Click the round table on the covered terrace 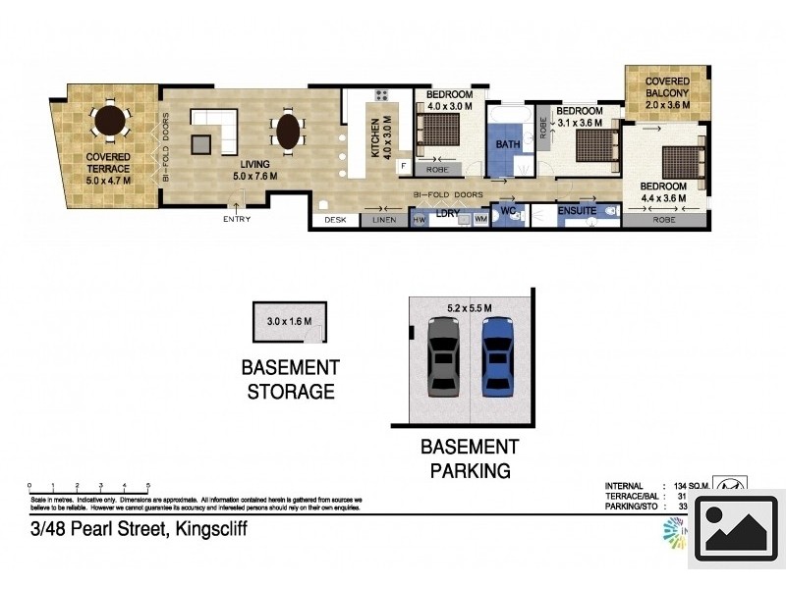coord(109,124)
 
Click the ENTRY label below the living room coord(237,219)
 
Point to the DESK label coord(335,221)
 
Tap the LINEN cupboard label coord(384,221)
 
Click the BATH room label coord(508,144)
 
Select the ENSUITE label coord(577,210)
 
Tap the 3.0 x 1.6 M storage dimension coord(288,321)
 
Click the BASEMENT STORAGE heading coord(290,380)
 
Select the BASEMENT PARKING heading coord(470,458)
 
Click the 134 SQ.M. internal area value coord(694,486)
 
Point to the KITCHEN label coord(374,138)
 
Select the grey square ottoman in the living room coord(200,144)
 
